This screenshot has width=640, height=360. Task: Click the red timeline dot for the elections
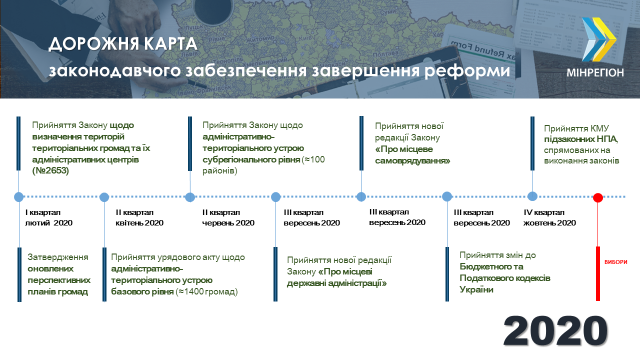pos(598,197)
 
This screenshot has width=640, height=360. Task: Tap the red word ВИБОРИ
pos(615,262)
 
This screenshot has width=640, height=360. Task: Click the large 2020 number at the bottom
pos(555,331)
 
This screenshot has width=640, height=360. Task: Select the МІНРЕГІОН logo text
pos(595,72)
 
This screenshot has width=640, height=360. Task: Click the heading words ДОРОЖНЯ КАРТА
pos(123,44)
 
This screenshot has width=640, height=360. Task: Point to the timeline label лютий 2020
pos(49,223)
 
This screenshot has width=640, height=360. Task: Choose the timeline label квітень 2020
pos(139,223)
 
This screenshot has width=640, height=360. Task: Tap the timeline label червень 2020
pos(228,223)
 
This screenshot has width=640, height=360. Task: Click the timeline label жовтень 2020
pos(549,223)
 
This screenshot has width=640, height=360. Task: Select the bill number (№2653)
pos(50,170)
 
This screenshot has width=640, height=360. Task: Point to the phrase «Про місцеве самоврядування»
pos(412,155)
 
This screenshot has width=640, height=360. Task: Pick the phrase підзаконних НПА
pos(581,139)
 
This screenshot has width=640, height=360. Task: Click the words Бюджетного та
pos(491,266)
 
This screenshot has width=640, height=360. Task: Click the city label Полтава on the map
pos(385,53)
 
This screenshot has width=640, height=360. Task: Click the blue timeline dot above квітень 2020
pos(104,197)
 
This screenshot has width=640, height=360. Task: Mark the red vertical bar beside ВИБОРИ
pos(597,273)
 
